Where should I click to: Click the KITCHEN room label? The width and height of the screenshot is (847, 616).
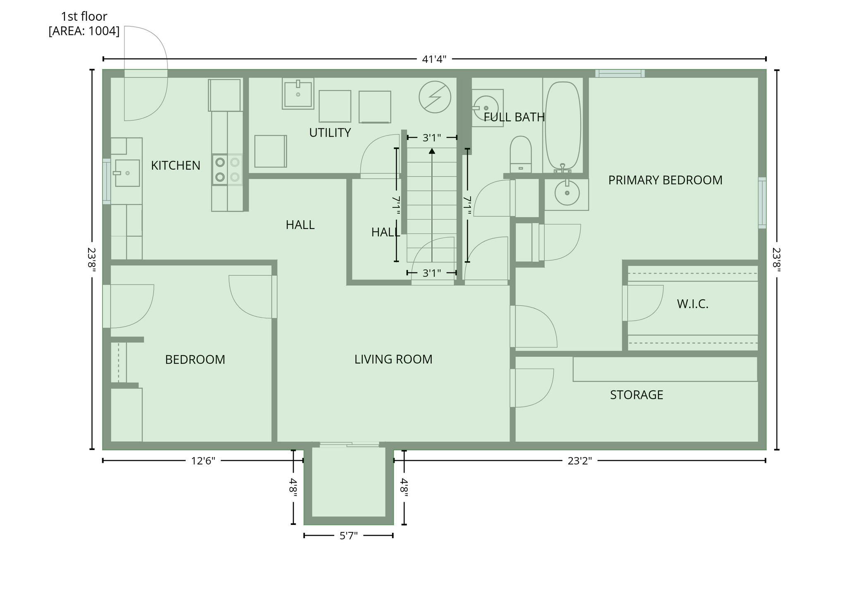[x=175, y=166]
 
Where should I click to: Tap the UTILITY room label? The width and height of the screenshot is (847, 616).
[x=330, y=133]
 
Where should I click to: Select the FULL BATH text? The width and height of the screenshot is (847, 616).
[x=514, y=117]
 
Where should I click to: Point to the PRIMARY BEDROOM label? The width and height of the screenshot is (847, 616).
[x=665, y=180]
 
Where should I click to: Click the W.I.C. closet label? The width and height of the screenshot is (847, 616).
[x=693, y=304]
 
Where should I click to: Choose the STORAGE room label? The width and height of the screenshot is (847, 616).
[x=636, y=395]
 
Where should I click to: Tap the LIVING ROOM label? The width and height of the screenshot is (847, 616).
[x=393, y=359]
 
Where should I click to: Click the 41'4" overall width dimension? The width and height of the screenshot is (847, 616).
[x=434, y=59]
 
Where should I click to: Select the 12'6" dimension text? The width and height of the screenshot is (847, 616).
[x=203, y=461]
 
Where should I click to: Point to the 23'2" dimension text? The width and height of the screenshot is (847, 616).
[x=579, y=461]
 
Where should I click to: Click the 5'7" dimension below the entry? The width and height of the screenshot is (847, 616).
[x=348, y=536]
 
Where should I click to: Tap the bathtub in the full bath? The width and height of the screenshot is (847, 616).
[x=563, y=126]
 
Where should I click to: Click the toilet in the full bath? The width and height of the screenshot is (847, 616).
[x=521, y=154]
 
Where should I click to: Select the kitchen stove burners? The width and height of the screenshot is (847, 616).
[x=227, y=169]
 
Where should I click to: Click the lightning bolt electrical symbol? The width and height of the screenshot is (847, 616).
[x=435, y=97]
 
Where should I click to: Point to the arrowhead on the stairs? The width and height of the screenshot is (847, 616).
[x=432, y=151]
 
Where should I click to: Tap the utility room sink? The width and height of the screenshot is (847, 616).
[x=298, y=94]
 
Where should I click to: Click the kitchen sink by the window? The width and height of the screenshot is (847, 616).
[x=127, y=173]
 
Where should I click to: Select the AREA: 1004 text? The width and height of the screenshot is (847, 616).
[x=84, y=31]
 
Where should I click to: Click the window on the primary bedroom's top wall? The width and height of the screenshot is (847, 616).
[x=620, y=73]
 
